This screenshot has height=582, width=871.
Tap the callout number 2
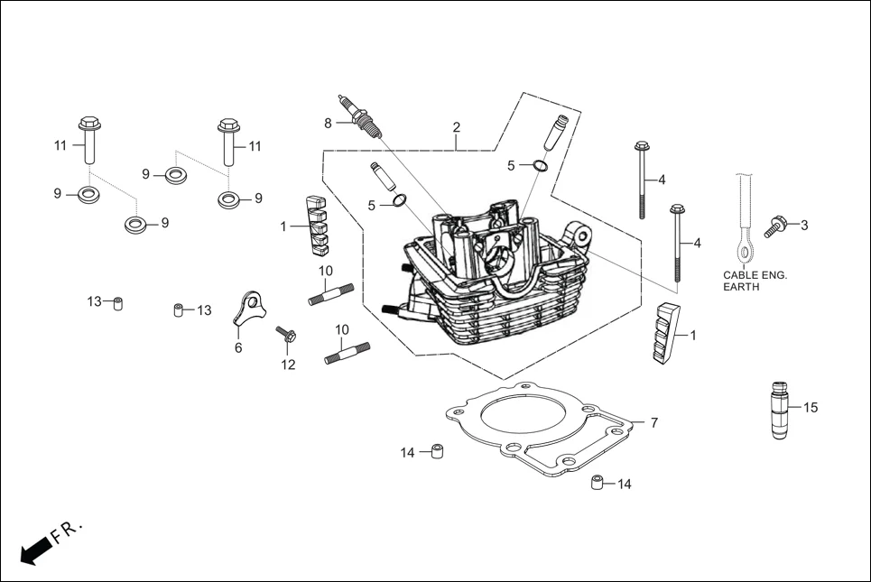[457, 127]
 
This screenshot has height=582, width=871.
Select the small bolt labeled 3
[775, 226]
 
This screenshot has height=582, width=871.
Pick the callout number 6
[238, 347]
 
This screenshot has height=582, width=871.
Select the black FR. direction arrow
[34, 549]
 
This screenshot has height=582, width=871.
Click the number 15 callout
[810, 408]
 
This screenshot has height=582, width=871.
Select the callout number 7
[653, 422]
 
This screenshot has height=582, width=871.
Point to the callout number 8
[329, 123]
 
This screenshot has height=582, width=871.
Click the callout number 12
[288, 365]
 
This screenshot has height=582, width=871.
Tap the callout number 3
[804, 225]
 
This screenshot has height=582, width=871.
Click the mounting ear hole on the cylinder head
[583, 237]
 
